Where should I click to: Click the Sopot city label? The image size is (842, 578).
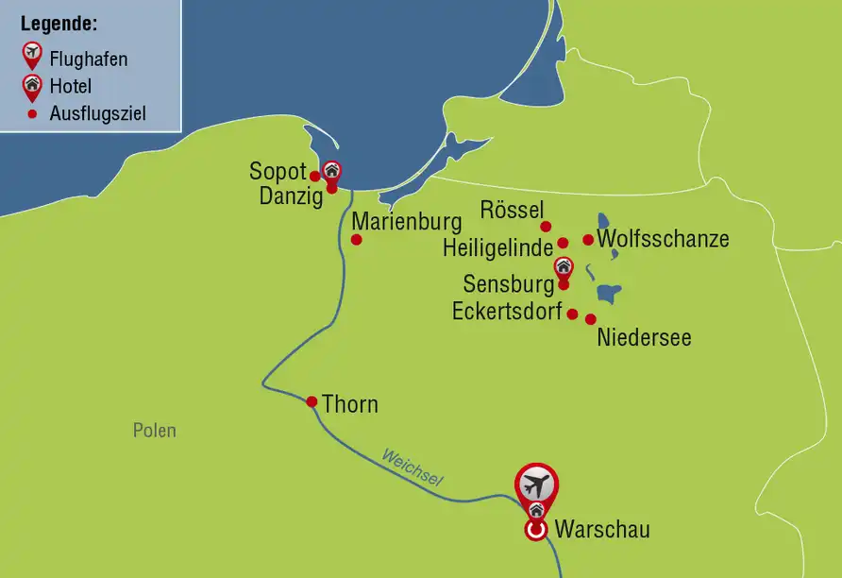pos(278,172)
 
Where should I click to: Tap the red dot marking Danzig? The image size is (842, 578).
pos(331,188)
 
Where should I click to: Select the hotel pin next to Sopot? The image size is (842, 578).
pos(331,170)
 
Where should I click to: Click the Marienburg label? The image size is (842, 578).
pos(407,223)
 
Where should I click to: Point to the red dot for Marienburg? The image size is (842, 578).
pos(356,240)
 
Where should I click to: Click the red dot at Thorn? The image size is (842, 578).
pos(312,401)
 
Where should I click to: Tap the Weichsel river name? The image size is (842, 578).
pos(412,468)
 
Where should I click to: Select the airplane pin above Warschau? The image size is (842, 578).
pos(536,485)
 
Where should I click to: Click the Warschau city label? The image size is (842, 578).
pos(602,530)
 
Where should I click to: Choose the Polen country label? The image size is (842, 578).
pos(154,431)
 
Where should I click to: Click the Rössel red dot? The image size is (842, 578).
pos(545,227)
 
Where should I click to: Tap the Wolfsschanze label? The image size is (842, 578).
pos(664,239)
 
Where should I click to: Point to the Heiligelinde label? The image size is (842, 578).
pos(497,248)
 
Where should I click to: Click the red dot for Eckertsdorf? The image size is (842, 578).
pos(572,314)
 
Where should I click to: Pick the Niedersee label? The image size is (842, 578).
pos(644,337)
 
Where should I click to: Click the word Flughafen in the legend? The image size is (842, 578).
pos(89,59)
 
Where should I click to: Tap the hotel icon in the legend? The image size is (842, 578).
pos(32,86)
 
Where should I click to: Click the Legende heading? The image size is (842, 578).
pos(59,22)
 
